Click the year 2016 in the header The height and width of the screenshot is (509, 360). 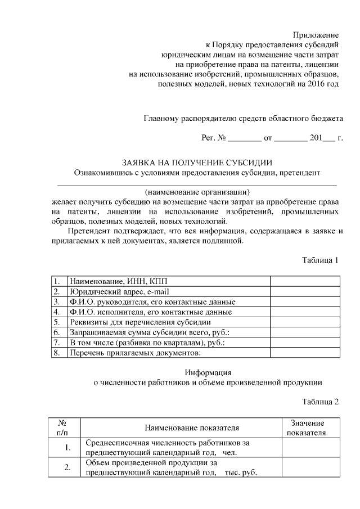(312, 84)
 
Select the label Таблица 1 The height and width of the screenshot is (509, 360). (320, 260)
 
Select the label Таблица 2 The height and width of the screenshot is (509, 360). (320, 402)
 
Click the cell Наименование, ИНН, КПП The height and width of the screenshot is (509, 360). (118, 281)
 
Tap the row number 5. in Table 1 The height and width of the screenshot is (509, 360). (57, 322)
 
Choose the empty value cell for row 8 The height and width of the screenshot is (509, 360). (304, 353)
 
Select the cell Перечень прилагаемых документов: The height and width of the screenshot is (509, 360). (135, 353)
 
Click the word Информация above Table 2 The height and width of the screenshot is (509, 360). (208, 372)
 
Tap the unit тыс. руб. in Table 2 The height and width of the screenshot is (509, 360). (241, 473)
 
